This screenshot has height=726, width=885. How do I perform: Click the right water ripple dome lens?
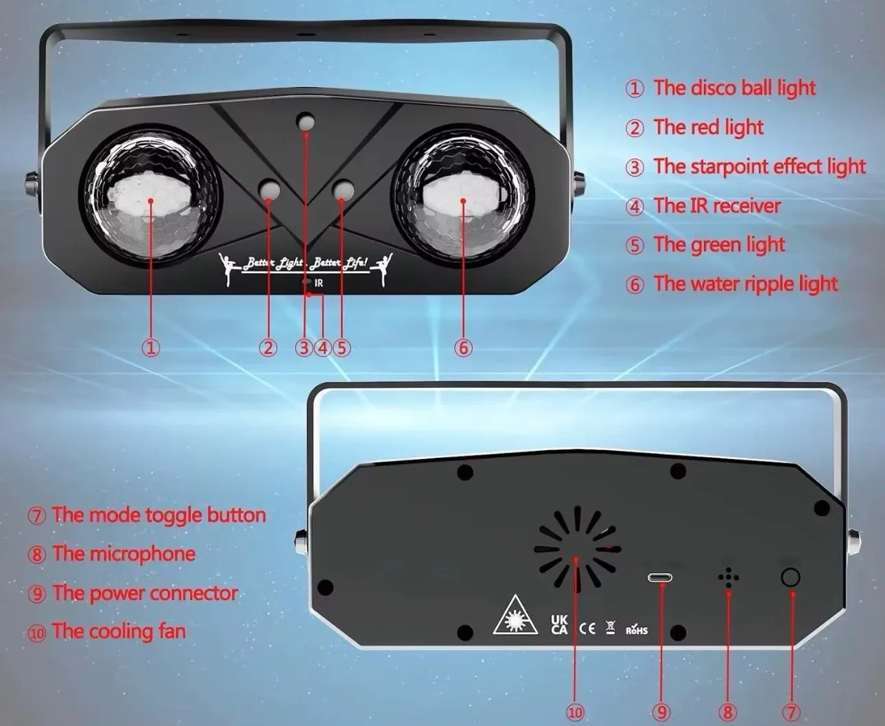click(x=462, y=194)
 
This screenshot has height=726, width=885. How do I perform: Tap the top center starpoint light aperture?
click(x=305, y=121)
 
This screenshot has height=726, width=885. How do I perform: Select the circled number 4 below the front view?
click(x=322, y=347)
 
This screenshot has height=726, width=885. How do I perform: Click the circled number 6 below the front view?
click(x=463, y=347)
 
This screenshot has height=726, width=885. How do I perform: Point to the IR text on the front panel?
click(x=319, y=283)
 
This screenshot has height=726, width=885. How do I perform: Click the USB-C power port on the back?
click(x=660, y=578)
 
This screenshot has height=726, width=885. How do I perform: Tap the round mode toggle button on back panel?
click(x=790, y=578)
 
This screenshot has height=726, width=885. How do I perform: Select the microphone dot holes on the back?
click(x=728, y=578)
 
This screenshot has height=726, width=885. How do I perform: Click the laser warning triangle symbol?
click(x=516, y=620)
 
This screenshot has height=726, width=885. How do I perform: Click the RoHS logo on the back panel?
click(x=637, y=629)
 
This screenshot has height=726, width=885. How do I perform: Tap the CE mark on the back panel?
click(x=587, y=629)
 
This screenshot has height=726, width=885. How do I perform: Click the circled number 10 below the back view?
click(x=576, y=712)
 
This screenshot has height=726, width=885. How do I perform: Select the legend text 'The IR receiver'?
click(x=717, y=206)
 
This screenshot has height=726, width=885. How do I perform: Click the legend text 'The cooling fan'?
click(x=119, y=631)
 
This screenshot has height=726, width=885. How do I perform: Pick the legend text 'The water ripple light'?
click(x=746, y=283)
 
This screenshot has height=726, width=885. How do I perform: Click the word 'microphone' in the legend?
click(x=143, y=554)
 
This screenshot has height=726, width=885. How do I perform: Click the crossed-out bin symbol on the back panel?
click(x=611, y=627)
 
